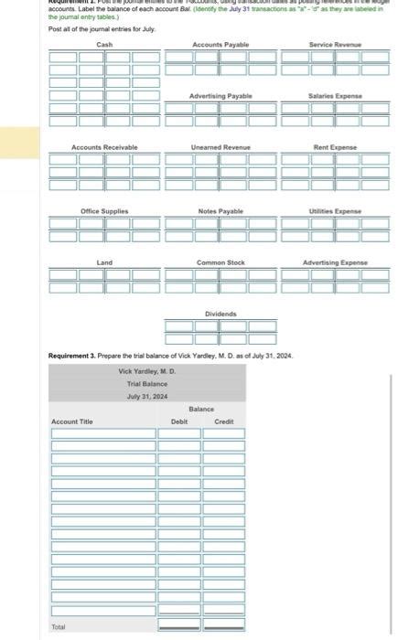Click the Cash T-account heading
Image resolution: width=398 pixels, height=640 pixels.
click(x=104, y=45)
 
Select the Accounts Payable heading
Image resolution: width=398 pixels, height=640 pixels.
click(x=221, y=45)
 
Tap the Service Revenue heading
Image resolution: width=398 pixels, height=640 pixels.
click(x=335, y=45)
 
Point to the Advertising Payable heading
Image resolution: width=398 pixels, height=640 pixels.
click(x=221, y=96)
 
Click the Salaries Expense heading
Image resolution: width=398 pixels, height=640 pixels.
click(x=335, y=96)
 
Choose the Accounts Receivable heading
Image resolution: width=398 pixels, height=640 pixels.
click(x=104, y=147)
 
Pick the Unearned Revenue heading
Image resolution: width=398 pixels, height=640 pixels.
click(x=221, y=147)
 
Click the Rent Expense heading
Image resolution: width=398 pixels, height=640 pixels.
click(x=335, y=147)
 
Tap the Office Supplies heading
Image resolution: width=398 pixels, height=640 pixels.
click(x=104, y=211)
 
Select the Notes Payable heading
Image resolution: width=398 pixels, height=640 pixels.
click(x=221, y=211)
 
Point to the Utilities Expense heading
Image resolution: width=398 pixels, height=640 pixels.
click(x=335, y=211)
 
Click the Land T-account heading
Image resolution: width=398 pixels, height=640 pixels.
click(x=104, y=262)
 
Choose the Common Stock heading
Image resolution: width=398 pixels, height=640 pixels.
click(x=221, y=262)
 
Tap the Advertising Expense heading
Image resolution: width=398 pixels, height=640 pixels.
click(x=335, y=262)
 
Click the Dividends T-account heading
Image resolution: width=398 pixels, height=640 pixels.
click(x=221, y=314)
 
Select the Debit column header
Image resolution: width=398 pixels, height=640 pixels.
click(x=179, y=421)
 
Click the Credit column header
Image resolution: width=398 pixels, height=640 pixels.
click(x=223, y=421)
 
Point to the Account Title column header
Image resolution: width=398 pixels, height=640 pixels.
click(x=72, y=421)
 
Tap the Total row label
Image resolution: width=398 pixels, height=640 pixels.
click(x=59, y=626)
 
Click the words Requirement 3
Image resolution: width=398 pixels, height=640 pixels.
click(x=73, y=353)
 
